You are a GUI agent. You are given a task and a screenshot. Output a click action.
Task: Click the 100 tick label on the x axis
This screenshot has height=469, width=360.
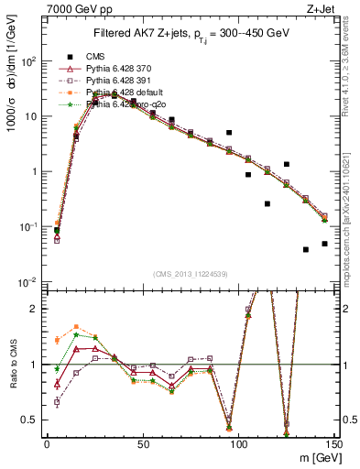pyautogui.click(x=239, y=444)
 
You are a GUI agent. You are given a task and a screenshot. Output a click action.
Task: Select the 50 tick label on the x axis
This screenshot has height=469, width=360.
pyautogui.click(x=143, y=444)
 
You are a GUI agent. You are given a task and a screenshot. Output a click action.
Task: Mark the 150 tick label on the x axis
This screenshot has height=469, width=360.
pyautogui.click(x=335, y=444)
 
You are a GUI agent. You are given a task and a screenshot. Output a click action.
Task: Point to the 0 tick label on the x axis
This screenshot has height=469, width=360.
pyautogui.click(x=47, y=444)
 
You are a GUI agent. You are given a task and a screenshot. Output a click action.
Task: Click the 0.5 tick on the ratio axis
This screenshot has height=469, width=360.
pyautogui.click(x=30, y=420)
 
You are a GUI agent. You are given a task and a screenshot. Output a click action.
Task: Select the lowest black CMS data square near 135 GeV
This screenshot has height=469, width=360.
pyautogui.click(x=306, y=249)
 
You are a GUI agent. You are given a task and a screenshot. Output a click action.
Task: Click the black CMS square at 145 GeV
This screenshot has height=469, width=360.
pyautogui.click(x=325, y=244)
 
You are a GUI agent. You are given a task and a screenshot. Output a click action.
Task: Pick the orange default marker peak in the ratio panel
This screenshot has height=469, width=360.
pyautogui.click(x=76, y=327)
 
